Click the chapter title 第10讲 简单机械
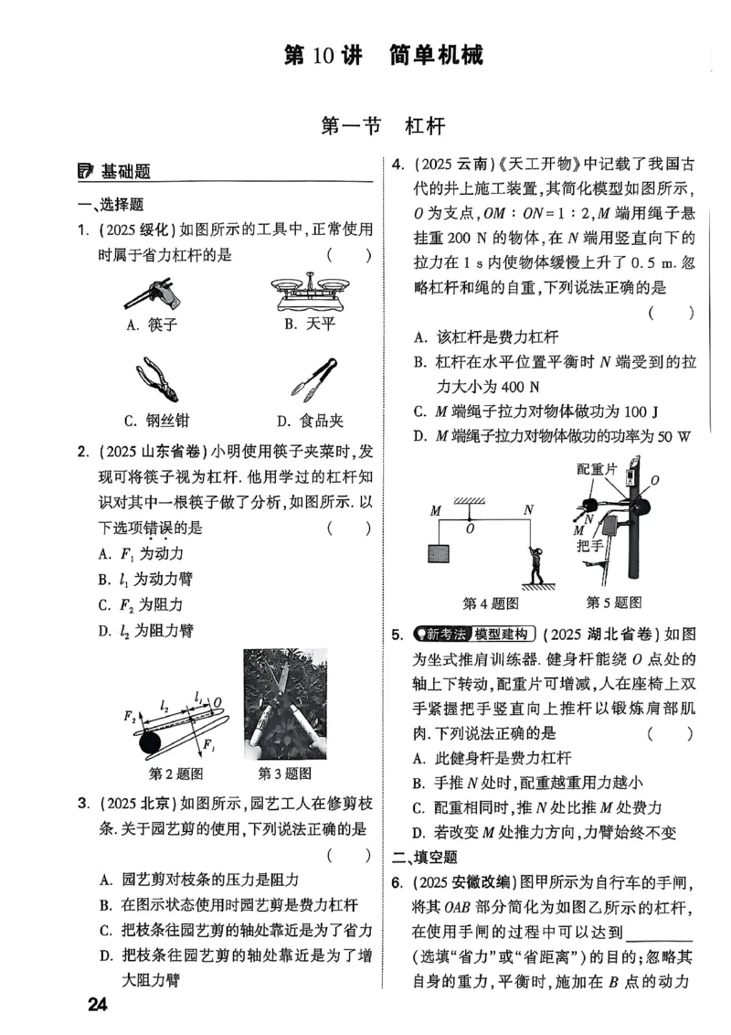point(384,55)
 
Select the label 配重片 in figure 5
point(599,469)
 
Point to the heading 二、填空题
point(424,857)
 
